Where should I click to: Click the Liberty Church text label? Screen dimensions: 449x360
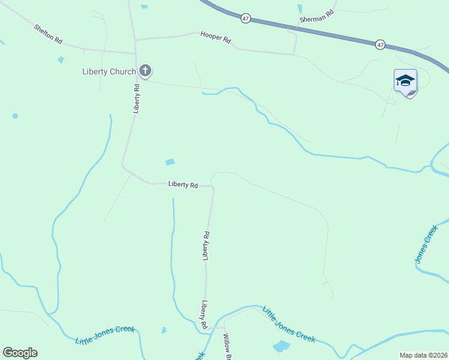109,72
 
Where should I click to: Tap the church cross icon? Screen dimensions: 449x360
145,71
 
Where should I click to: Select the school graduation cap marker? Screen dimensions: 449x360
405,81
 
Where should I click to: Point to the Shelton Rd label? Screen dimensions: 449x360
48,34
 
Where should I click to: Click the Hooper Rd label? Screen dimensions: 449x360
215,38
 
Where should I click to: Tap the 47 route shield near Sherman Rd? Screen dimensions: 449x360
246,19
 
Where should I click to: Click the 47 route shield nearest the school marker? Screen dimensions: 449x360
380,44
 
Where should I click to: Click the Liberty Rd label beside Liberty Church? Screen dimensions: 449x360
137,98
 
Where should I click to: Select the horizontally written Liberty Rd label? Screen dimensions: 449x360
183,185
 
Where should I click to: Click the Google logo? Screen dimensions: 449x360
20,353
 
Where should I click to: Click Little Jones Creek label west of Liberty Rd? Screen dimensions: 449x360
105,335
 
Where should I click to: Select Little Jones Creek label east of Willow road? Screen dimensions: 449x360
288,325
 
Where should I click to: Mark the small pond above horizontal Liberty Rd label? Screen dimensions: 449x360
170,162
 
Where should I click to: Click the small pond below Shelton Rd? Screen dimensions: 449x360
61,59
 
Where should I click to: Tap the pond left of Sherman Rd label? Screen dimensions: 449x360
300,8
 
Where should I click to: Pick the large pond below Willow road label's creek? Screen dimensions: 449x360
281,346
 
